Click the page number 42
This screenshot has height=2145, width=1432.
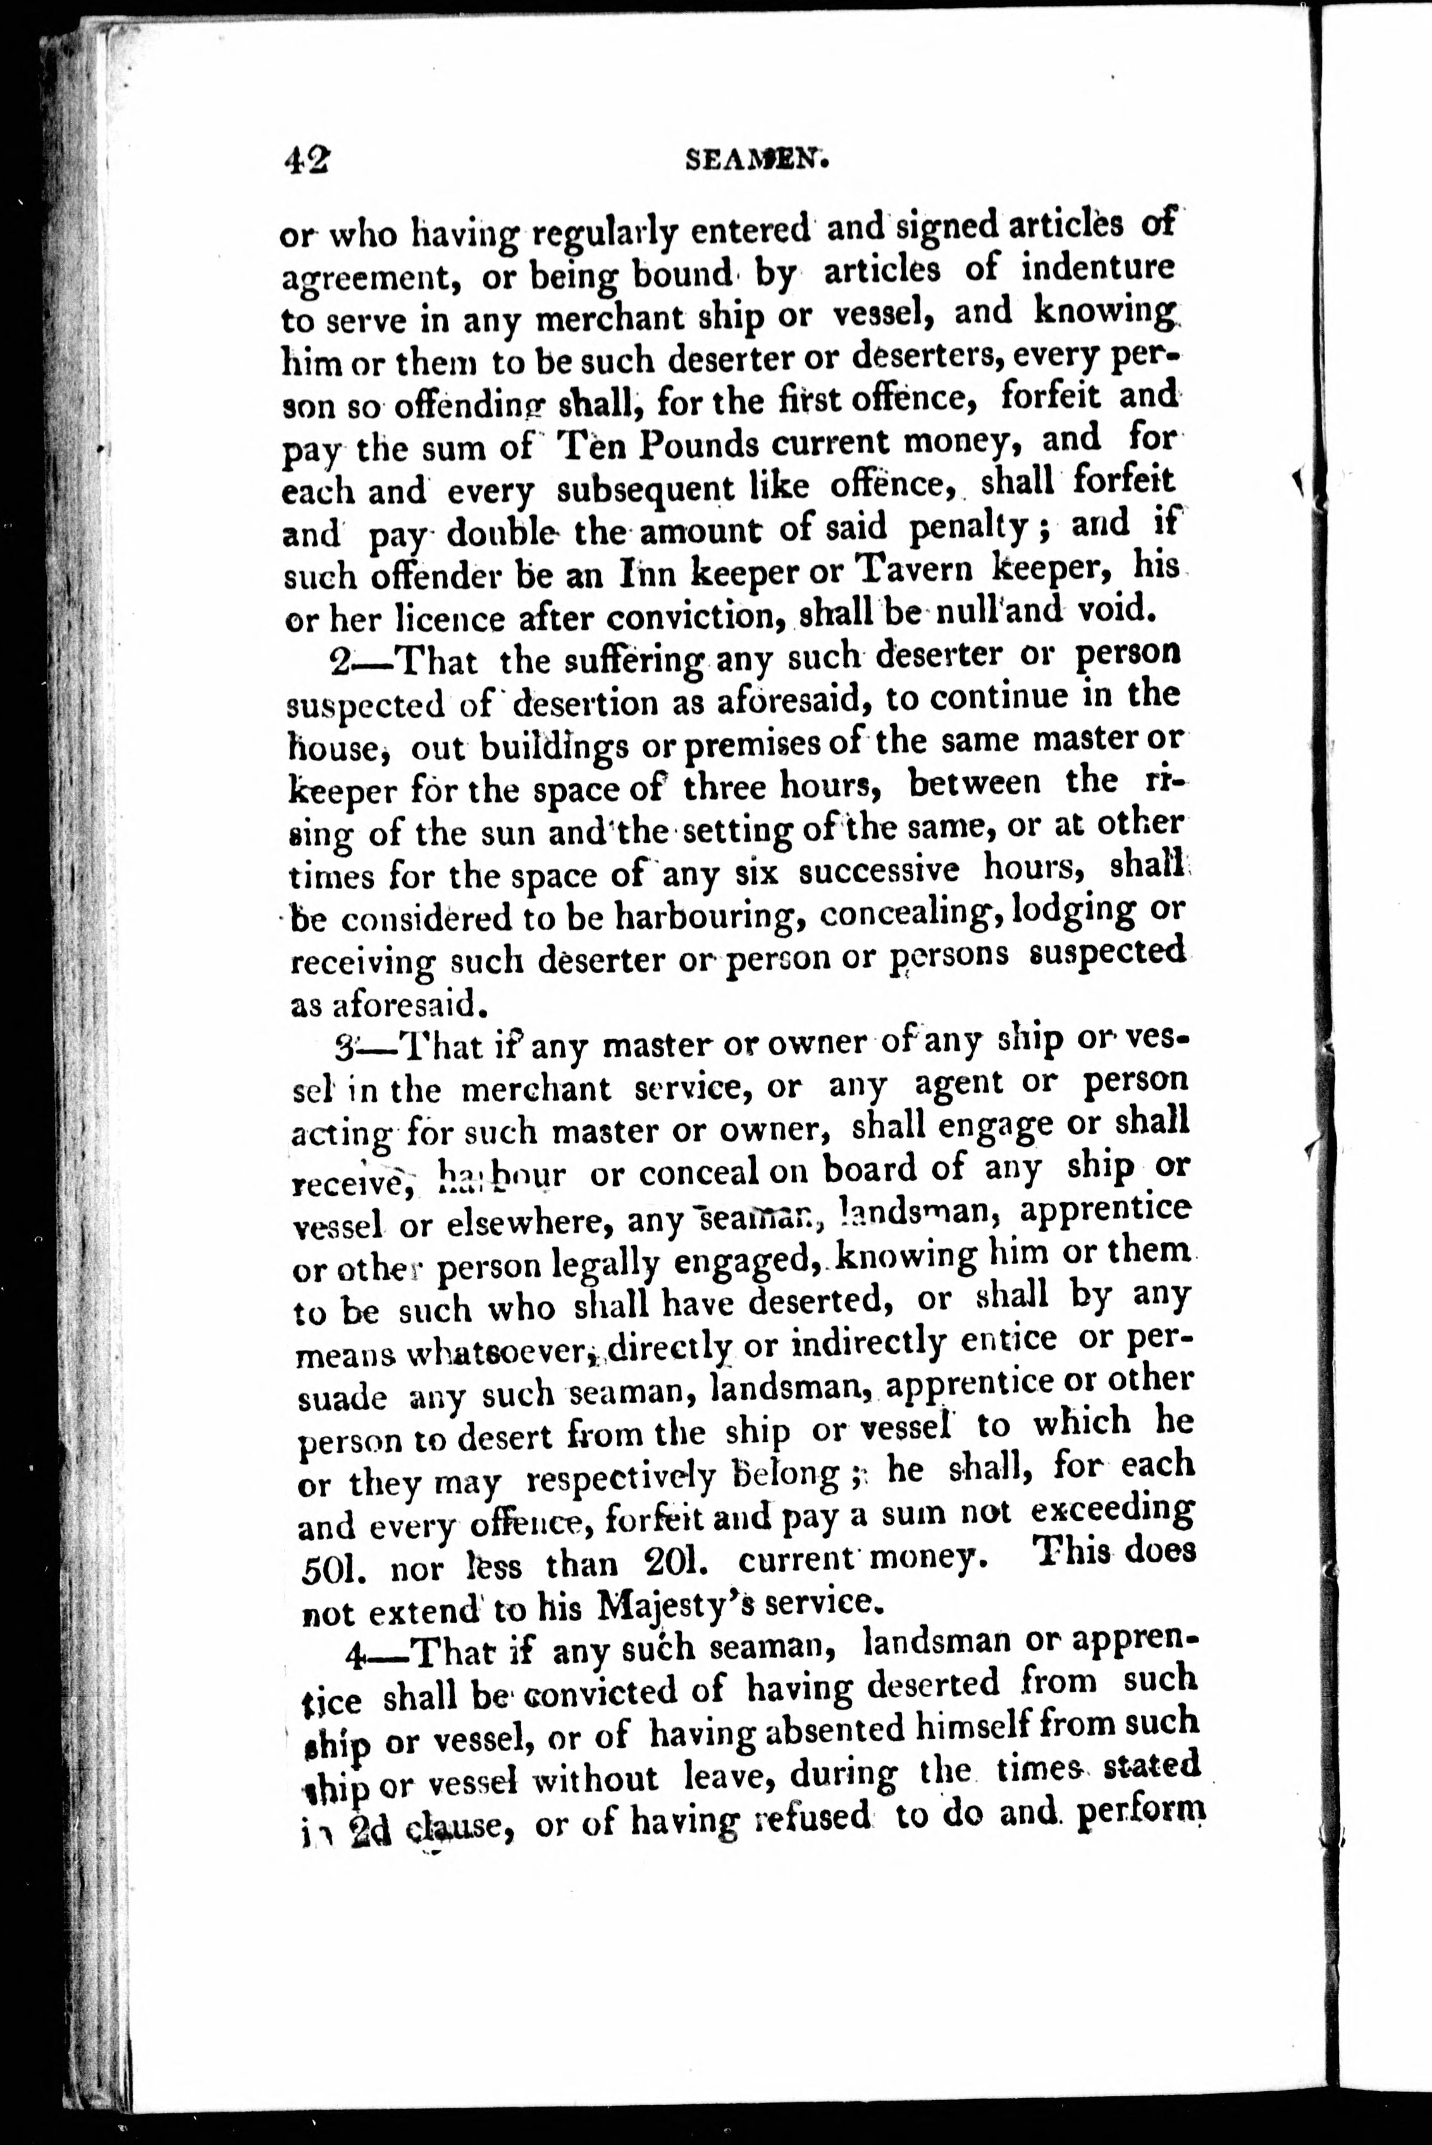(x=307, y=160)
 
